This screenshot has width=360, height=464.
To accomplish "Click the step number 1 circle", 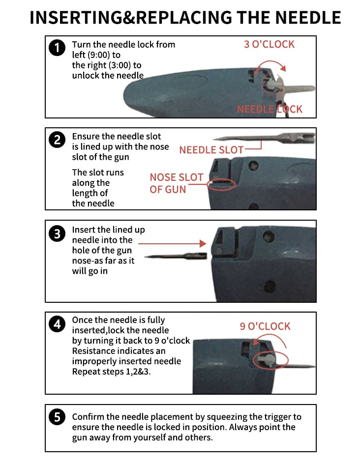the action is click(x=57, y=48).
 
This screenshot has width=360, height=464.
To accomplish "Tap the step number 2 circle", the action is click(x=57, y=140).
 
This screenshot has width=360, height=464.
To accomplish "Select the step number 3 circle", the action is click(x=57, y=233).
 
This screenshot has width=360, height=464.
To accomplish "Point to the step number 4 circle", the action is click(x=57, y=324).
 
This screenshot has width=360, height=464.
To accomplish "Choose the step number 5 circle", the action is click(x=57, y=417).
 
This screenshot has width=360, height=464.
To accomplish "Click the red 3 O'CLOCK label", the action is click(x=269, y=44).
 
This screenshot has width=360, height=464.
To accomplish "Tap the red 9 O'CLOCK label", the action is click(x=265, y=326).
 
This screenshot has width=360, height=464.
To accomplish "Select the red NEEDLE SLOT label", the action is click(x=211, y=150).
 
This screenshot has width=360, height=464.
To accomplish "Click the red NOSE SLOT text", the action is click(x=177, y=177).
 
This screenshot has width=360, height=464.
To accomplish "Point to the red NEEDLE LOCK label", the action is click(x=270, y=109).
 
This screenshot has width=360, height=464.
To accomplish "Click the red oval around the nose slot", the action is click(x=221, y=185).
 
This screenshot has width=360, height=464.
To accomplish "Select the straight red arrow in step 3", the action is click(x=172, y=243).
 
